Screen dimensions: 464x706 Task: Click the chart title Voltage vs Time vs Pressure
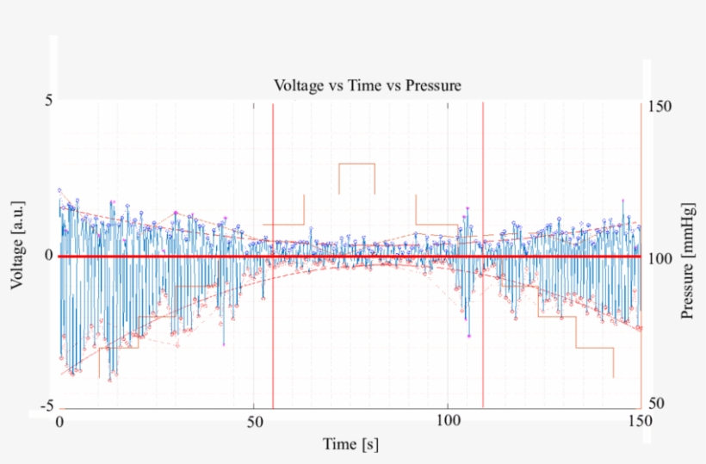click(368, 85)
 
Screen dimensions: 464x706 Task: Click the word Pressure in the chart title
click(434, 85)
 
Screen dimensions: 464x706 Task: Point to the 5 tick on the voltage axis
click(49, 100)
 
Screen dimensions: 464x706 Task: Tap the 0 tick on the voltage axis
click(49, 257)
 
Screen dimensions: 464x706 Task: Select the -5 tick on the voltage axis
click(46, 405)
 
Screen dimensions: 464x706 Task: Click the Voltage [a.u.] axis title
click(18, 245)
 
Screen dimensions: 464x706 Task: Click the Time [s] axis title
click(350, 444)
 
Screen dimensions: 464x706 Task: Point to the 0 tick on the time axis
click(59, 423)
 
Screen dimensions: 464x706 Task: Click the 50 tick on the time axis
click(254, 423)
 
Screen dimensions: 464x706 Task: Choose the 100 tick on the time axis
click(448, 423)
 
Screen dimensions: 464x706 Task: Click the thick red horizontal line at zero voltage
click(172, 257)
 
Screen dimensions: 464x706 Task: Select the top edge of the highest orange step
click(356, 163)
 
